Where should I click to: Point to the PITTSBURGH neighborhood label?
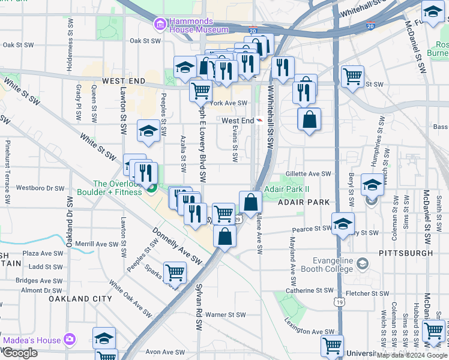[x=406, y=253]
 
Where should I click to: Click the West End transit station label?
[x=238, y=121]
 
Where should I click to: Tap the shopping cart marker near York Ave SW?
[x=200, y=91]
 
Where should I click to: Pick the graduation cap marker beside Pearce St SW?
[x=342, y=224]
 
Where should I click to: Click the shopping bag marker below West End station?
[x=309, y=119]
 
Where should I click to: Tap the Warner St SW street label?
[x=225, y=314]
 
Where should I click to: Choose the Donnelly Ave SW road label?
[x=177, y=247]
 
